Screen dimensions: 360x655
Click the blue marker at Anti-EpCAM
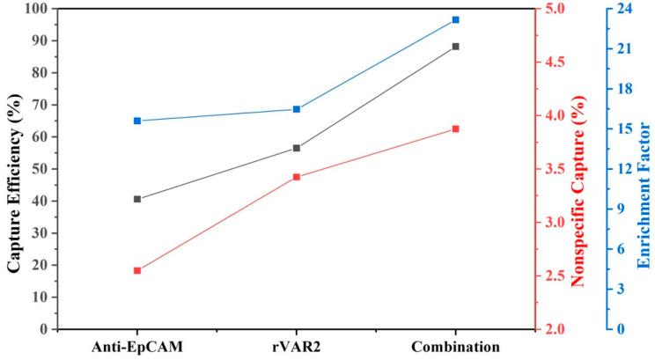click(x=137, y=121)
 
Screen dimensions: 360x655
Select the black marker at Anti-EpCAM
click(x=137, y=199)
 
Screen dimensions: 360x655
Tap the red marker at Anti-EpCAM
click(x=137, y=270)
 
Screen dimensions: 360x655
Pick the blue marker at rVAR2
click(x=297, y=109)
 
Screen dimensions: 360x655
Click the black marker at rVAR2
click(x=297, y=148)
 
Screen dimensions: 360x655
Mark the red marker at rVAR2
click(x=297, y=177)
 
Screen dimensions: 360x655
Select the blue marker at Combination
click(x=455, y=19)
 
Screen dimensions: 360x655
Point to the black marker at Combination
click(x=455, y=47)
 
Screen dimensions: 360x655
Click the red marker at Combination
click(x=455, y=129)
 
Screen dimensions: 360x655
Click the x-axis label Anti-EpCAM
click(x=137, y=346)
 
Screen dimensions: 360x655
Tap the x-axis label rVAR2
click(x=297, y=346)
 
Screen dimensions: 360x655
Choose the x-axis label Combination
click(x=455, y=346)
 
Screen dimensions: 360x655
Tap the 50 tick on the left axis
click(x=40, y=169)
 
